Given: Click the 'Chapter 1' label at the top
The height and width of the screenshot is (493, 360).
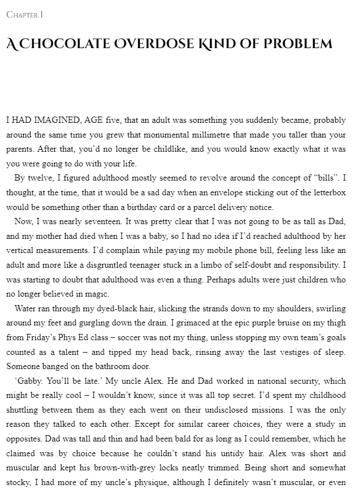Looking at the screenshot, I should click(x=25, y=15).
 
